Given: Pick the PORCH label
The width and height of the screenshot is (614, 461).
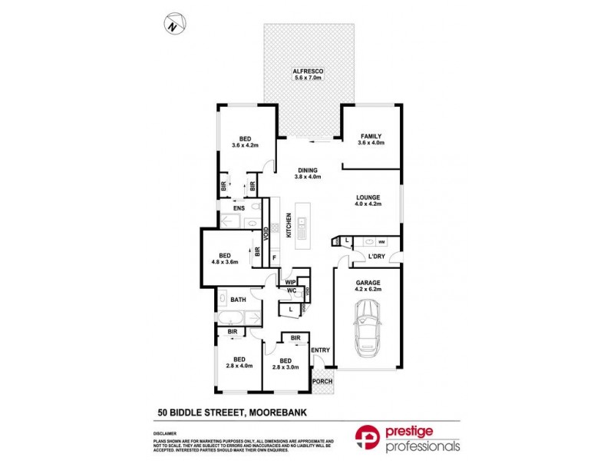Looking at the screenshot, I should coord(323,380).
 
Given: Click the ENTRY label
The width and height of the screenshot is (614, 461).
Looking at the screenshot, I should coord(320,350).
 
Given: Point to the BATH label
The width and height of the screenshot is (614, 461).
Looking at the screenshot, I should coord(237,300).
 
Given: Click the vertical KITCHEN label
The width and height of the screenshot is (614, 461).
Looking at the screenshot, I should coord(289,224).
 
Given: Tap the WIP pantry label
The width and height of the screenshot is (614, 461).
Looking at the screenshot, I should coord(290,282).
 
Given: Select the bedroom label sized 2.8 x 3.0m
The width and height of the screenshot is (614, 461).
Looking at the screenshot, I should coord(285,363).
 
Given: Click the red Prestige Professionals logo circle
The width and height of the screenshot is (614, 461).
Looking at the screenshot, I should coord(367,436).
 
